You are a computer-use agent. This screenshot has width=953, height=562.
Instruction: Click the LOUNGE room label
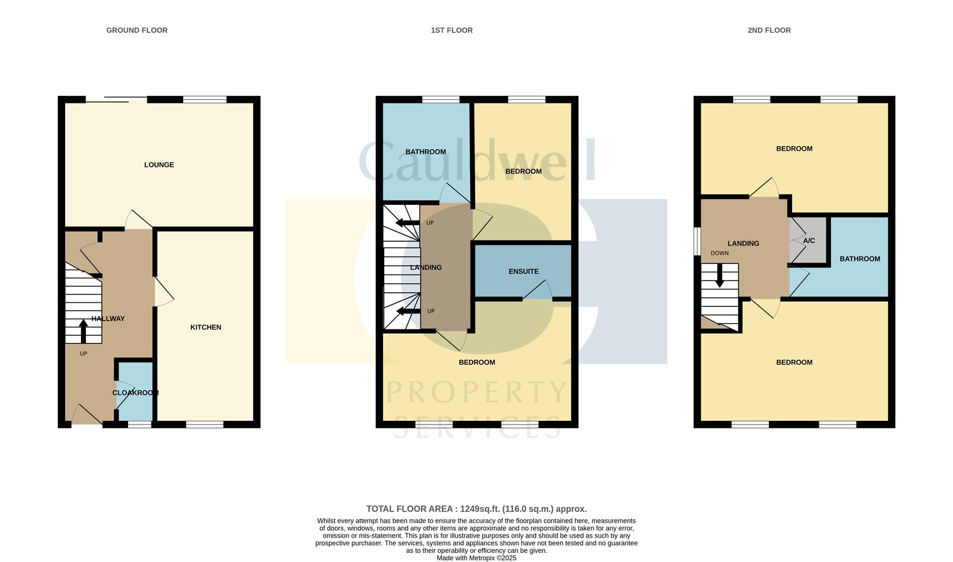coord(159,164)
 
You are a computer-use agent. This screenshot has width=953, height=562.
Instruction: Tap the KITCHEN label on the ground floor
coord(205,327)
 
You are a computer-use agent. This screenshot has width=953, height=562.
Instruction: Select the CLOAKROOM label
coord(135,393)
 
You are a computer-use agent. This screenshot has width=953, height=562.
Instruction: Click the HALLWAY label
coord(108,318)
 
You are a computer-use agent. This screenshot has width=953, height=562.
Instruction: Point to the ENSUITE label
coord(523,271)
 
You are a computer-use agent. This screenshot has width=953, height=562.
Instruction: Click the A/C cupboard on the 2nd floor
coord(808,241)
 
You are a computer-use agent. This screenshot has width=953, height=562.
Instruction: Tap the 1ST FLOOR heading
coord(451,30)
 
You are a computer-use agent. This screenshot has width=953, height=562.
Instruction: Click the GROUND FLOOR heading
coord(137,30)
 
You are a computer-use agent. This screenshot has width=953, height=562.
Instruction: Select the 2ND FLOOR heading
coord(769,30)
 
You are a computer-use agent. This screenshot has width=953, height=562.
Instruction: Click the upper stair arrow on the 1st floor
coord(407,223)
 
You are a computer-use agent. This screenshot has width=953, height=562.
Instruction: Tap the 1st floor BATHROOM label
coord(426,152)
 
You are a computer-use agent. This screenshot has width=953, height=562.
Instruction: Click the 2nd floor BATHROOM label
coord(859,259)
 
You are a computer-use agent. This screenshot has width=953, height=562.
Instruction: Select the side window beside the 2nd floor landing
coord(697,241)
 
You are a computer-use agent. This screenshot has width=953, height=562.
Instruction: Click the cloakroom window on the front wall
coord(139,425)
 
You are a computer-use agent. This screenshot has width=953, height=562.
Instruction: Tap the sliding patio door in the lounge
coord(117,99)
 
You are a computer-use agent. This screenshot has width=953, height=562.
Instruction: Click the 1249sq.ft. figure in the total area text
coord(480,509)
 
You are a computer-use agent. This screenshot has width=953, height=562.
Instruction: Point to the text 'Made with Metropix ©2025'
coord(476,558)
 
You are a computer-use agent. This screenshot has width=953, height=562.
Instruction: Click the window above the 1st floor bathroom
coord(441,99)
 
